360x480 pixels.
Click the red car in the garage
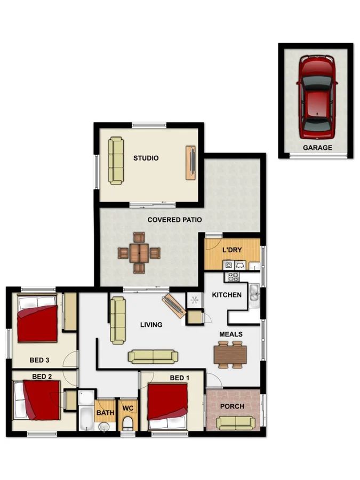point(317,97)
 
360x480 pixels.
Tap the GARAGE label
point(317,148)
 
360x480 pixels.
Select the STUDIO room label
point(146,158)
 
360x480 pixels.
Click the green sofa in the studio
point(116,161)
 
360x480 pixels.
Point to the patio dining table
point(139,253)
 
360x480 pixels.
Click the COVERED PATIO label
point(174,219)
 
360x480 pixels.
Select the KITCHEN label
point(227,294)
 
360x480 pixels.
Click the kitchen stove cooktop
point(233,277)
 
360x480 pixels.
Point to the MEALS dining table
point(230,354)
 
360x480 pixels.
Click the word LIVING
point(151,324)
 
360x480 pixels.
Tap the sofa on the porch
point(232,423)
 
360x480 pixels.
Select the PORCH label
point(232,406)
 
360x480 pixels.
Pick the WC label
point(127,409)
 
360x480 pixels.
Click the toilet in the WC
point(127,424)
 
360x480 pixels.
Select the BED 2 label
point(42,376)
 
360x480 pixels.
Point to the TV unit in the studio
point(190,162)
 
